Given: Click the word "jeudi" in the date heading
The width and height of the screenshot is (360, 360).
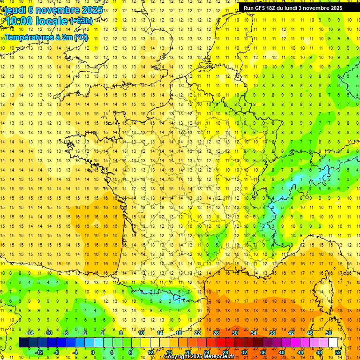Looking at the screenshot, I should coord(15,10).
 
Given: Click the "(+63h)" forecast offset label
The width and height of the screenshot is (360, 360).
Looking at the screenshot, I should coord(81,21).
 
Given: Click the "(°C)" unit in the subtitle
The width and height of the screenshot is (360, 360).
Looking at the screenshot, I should coord(81,37).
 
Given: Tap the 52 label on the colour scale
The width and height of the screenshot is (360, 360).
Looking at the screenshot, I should coord(338,352).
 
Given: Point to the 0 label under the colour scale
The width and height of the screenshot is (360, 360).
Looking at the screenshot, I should coord(93,352).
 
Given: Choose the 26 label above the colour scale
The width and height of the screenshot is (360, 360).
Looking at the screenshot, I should coord(216,333).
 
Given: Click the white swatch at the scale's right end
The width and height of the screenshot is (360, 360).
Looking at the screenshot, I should coord(333,343).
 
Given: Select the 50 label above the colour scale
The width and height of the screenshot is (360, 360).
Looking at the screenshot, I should coord(329,333).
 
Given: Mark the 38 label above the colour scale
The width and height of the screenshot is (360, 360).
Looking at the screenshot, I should coord(272,333).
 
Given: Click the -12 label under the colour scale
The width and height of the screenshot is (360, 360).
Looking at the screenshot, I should coord(39,352).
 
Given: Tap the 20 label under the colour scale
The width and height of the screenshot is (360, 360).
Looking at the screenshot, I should coord(188,352).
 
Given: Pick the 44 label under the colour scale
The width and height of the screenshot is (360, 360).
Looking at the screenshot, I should coord(300,352).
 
